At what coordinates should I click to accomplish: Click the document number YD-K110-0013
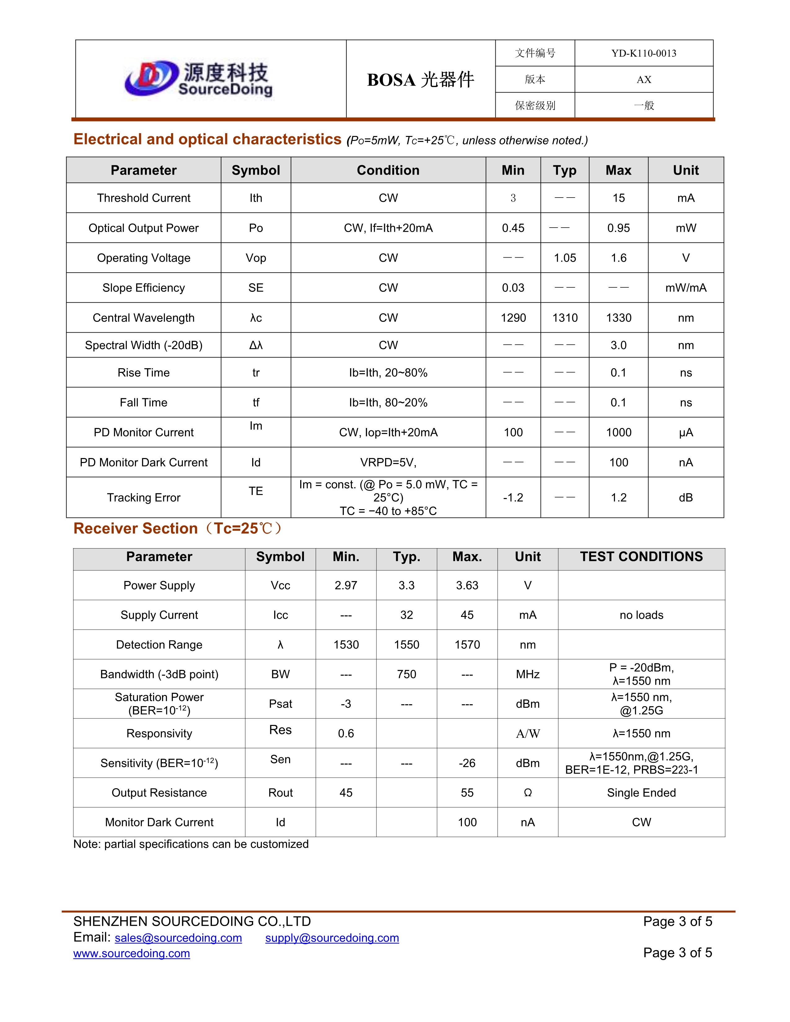[643, 53]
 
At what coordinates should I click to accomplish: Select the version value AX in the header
[643, 80]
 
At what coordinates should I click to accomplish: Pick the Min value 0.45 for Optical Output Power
[513, 228]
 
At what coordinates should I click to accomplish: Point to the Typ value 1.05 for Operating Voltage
[565, 258]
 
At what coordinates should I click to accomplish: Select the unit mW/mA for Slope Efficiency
[686, 288]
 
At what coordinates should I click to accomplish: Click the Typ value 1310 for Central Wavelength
[565, 318]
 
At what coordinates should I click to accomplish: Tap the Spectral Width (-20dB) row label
[144, 345]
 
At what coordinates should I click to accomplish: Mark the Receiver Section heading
[178, 529]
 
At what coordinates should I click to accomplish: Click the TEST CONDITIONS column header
[641, 557]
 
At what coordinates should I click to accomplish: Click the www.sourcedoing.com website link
[131, 954]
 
